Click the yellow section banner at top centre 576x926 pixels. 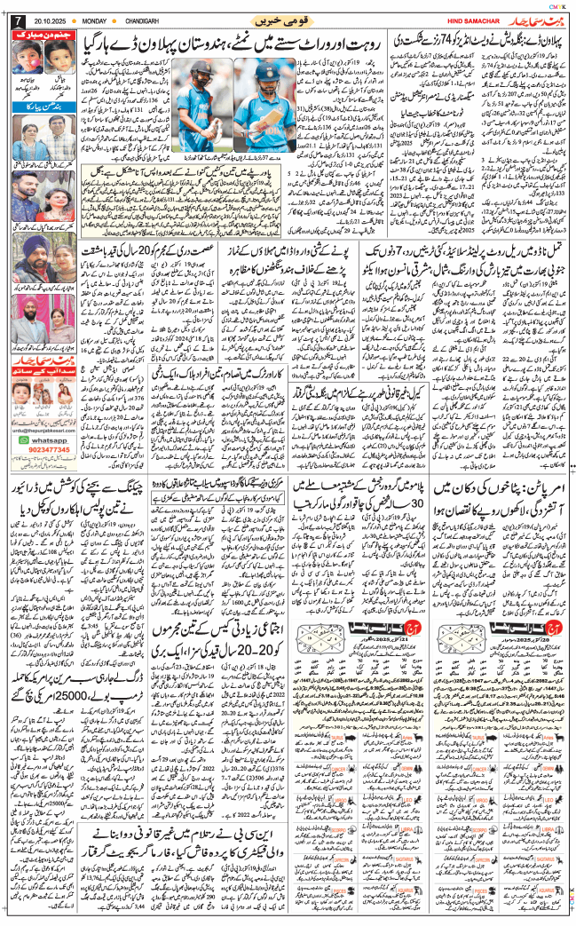288,19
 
